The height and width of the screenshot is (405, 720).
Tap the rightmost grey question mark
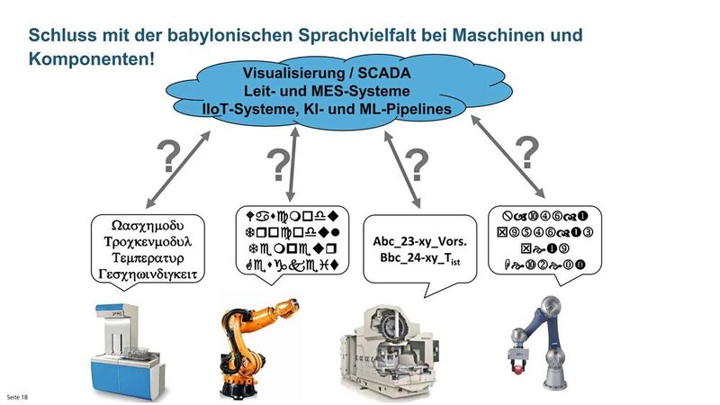[x=530, y=150]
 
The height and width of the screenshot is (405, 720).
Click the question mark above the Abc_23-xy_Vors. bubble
[x=415, y=166]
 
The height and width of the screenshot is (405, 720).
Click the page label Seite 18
[x=18, y=396]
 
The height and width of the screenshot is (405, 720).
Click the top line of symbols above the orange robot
[x=296, y=215]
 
